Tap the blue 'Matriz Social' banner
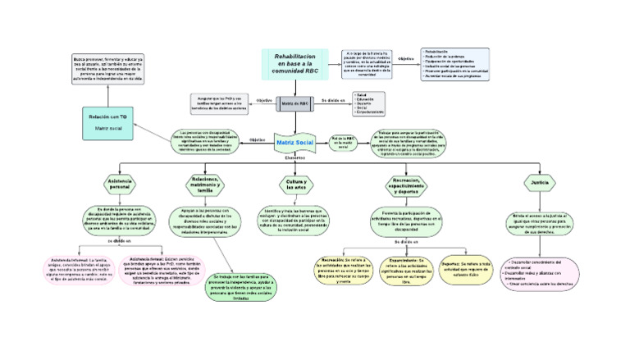294,143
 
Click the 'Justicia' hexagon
540,183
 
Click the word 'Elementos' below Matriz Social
294,158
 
